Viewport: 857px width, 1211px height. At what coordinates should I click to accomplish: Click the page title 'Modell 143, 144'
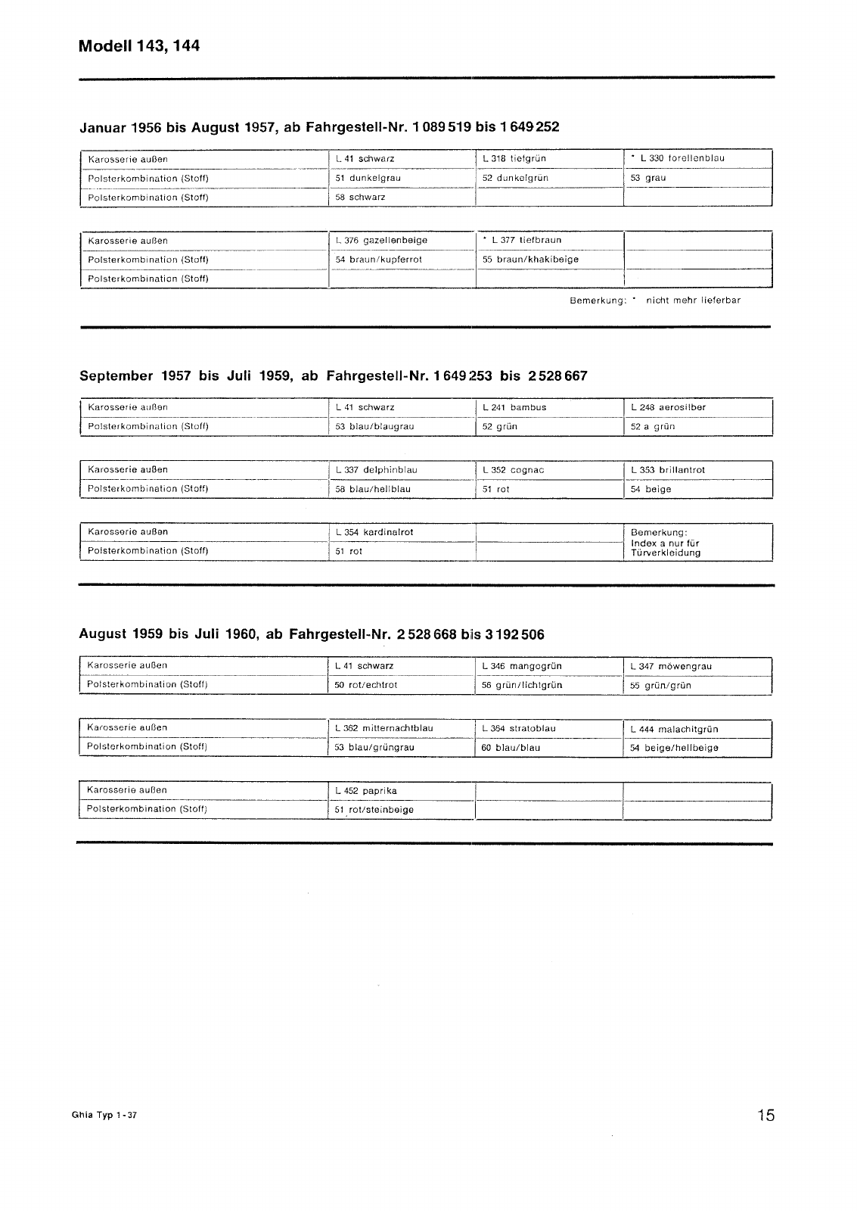tap(139, 46)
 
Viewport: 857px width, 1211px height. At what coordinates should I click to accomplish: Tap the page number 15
tap(765, 1115)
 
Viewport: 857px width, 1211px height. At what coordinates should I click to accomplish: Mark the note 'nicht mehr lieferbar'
tap(693, 300)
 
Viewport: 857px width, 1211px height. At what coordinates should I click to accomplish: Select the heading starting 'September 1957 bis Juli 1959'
tap(333, 375)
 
